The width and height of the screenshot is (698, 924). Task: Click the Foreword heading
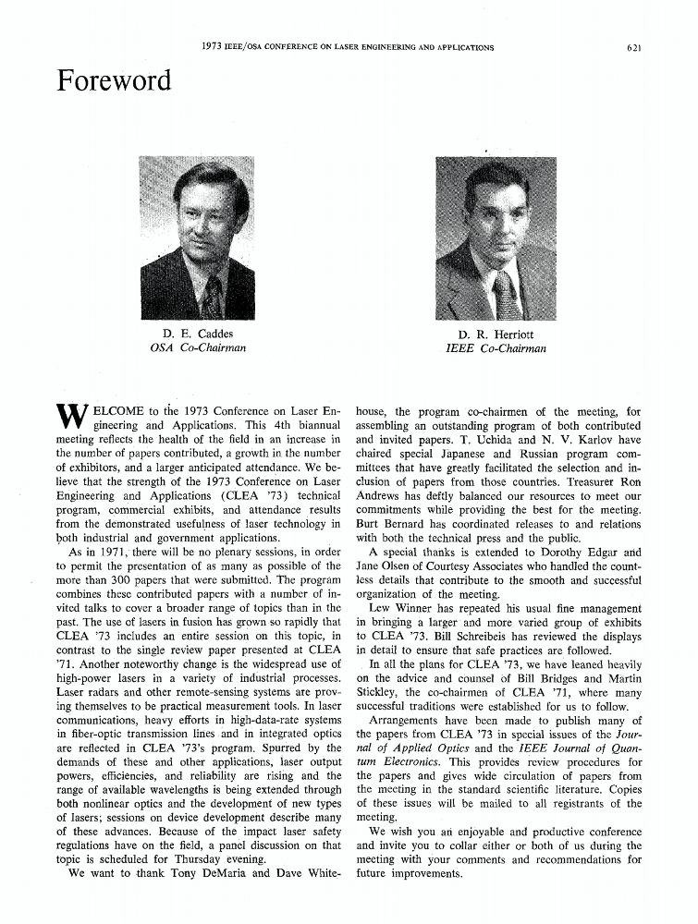click(114, 81)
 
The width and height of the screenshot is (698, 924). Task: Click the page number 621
click(632, 47)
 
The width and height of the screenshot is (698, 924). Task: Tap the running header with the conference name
click(348, 47)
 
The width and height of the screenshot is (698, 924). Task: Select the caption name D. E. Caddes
click(197, 334)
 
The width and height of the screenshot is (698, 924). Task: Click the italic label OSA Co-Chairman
click(197, 349)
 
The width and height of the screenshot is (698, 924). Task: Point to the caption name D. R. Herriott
click(496, 334)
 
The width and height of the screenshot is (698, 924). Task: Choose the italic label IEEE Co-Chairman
click(496, 349)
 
